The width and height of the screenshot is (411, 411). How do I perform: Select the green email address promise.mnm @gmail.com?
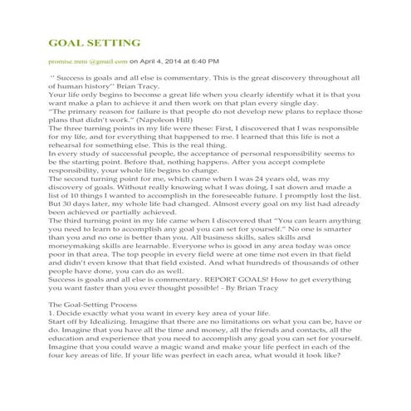[x=88, y=61]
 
